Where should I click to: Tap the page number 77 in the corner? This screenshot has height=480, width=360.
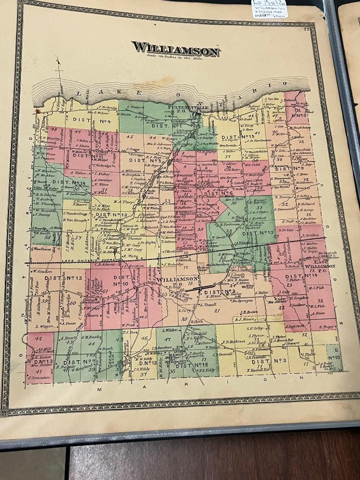tap(306, 30)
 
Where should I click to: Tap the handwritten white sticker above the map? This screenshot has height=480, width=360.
tap(270, 8)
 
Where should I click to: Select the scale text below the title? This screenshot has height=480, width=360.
tap(173, 57)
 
